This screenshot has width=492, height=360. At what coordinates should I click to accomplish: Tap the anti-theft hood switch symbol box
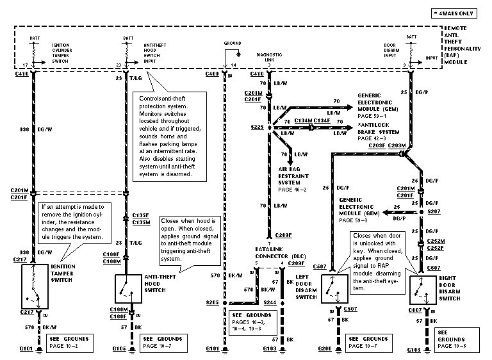click(128, 288)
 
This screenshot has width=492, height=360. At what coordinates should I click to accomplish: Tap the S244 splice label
click(269, 302)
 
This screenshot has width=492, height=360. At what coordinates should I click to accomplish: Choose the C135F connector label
click(140, 215)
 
